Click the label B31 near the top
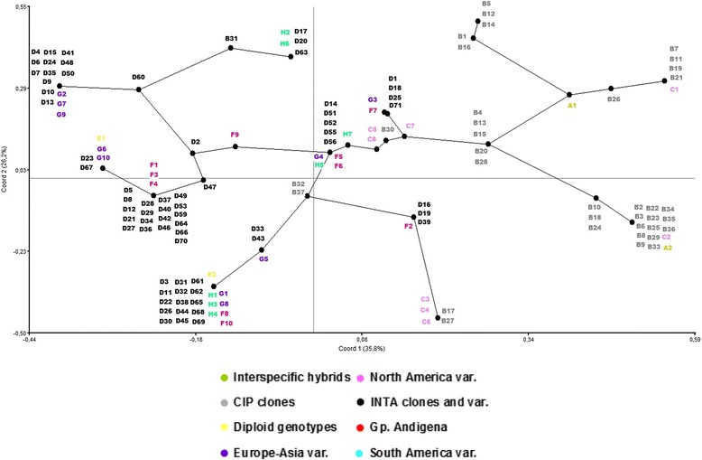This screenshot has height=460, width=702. pos(231,38)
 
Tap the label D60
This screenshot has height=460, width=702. pos(138,78)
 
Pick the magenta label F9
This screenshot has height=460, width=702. pos(235,135)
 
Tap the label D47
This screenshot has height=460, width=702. pos(208,187)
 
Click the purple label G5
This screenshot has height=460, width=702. pos(263,258)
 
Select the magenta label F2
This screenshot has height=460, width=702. pos(408,226)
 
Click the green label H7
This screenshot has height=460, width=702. pos(347,134)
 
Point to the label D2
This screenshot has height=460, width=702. pos(195,142)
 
